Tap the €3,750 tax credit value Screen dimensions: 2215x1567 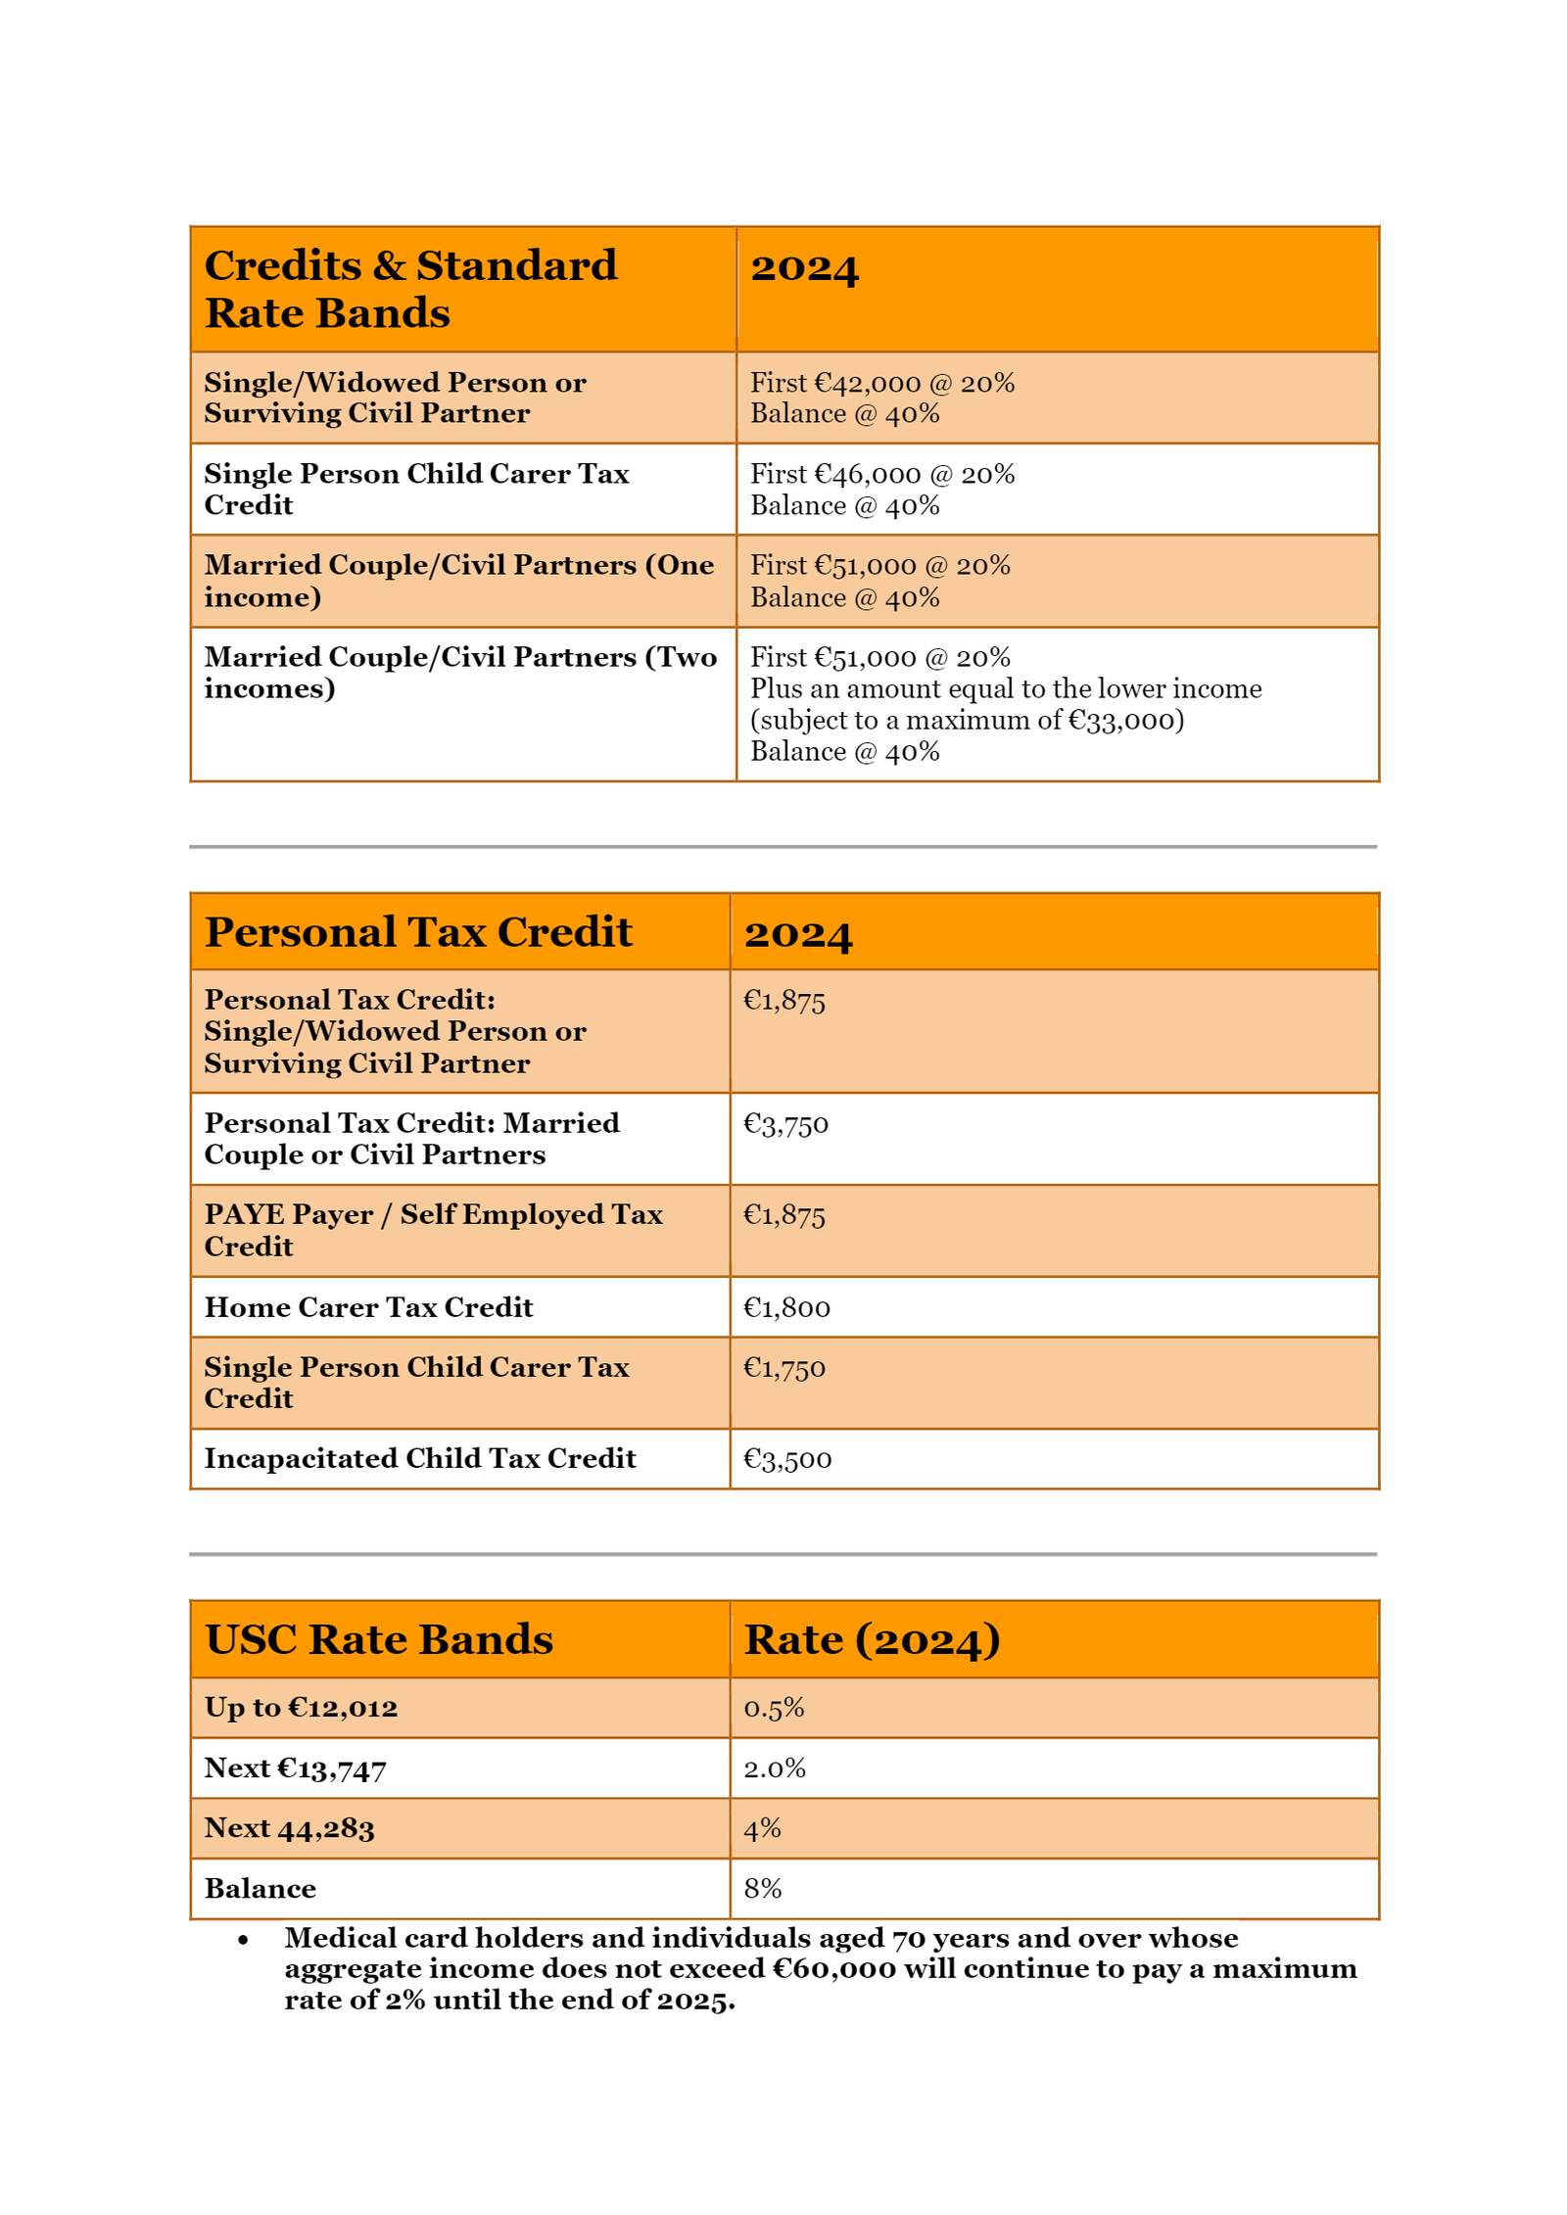(784, 1123)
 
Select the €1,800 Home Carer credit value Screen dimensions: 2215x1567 (785, 1307)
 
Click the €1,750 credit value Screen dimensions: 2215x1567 (783, 1367)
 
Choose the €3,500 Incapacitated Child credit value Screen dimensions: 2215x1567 (786, 1458)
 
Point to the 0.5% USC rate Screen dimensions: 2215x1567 (773, 1707)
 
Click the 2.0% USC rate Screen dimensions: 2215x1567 (774, 1767)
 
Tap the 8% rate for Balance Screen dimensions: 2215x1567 (762, 1888)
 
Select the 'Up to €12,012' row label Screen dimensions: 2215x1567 (301, 1707)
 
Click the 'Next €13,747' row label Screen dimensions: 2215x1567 (295, 1767)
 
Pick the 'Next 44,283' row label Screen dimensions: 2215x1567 (289, 1827)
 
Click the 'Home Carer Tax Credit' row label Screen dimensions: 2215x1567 (368, 1307)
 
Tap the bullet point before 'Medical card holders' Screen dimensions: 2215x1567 (243, 1939)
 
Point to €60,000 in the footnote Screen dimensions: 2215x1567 (832, 1968)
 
